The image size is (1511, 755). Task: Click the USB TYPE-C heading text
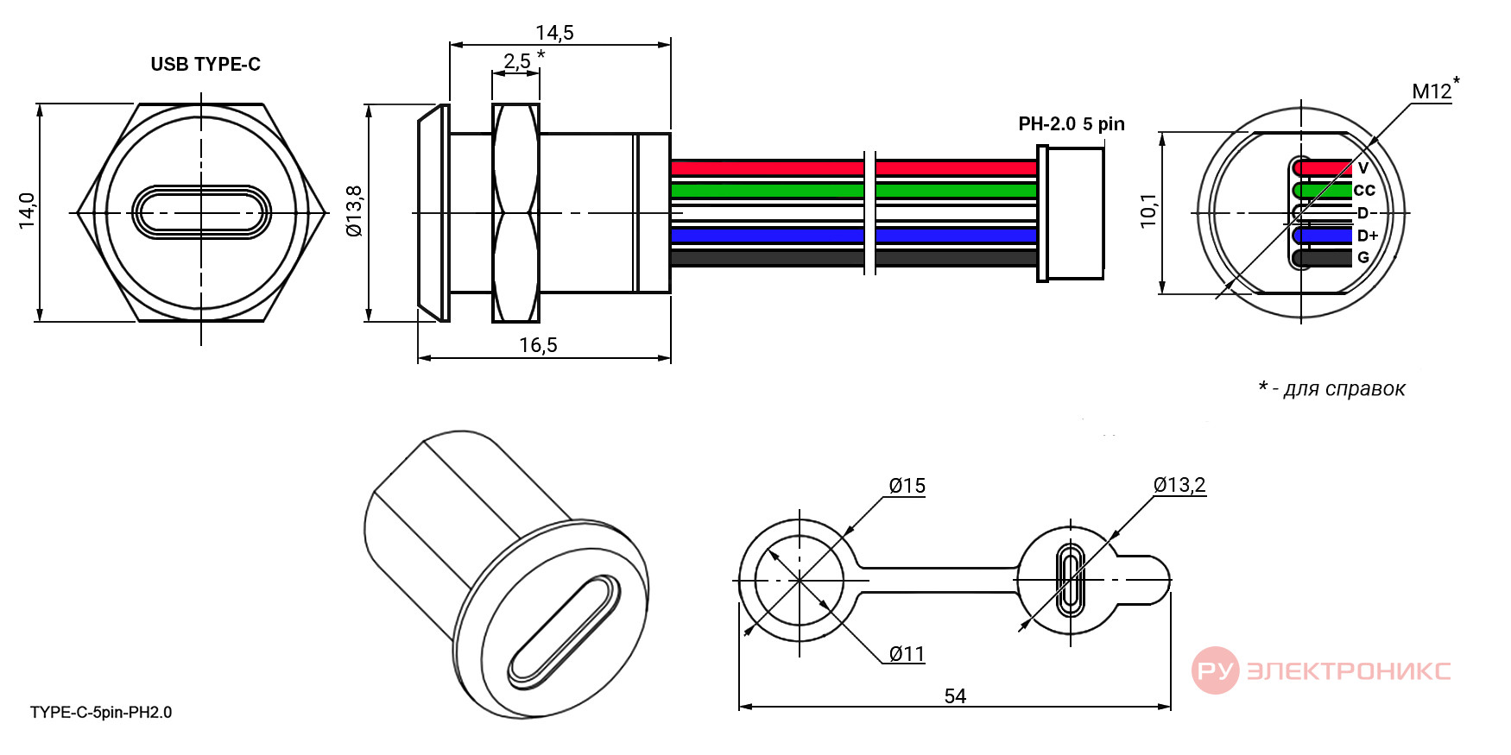tap(205, 65)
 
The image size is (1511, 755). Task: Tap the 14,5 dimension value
tap(554, 33)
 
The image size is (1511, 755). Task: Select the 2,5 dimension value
tap(517, 61)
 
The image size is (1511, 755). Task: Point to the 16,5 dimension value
tap(538, 345)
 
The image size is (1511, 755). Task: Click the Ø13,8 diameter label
tap(354, 211)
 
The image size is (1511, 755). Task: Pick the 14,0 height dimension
tap(28, 211)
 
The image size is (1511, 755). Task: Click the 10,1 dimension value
tap(1148, 211)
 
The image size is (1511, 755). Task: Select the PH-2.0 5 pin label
tap(1072, 123)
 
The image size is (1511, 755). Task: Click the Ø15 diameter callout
tap(907, 486)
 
